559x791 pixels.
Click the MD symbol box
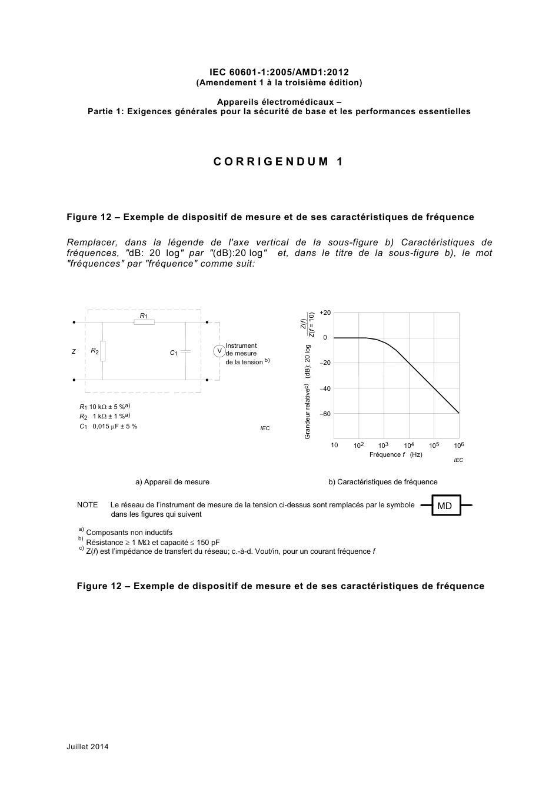coord(445,506)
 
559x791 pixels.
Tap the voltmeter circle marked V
coord(219,351)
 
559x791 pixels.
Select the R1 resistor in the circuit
coord(144,322)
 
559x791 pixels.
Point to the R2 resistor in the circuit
coord(103,351)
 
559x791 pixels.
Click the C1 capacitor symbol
coord(185,351)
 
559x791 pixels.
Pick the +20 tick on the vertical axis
coord(325,313)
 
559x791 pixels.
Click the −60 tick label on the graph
coord(325,414)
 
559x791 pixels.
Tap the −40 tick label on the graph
coord(325,388)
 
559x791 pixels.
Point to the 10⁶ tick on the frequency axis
coord(459,446)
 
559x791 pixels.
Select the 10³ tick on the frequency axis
coord(383,446)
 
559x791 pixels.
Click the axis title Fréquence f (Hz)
coord(395,454)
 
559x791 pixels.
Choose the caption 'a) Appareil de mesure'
coord(172,481)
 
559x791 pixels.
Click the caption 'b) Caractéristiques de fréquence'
coord(382,481)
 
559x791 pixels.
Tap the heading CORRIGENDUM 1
coord(278,162)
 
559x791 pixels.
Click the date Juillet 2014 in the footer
coord(88,747)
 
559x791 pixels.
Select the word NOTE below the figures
coord(88,505)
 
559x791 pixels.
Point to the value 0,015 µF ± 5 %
coord(115,426)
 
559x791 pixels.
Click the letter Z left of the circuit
coord(74,351)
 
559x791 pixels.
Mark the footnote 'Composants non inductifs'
coord(129,532)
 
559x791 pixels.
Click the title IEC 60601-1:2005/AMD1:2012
coord(279,72)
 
